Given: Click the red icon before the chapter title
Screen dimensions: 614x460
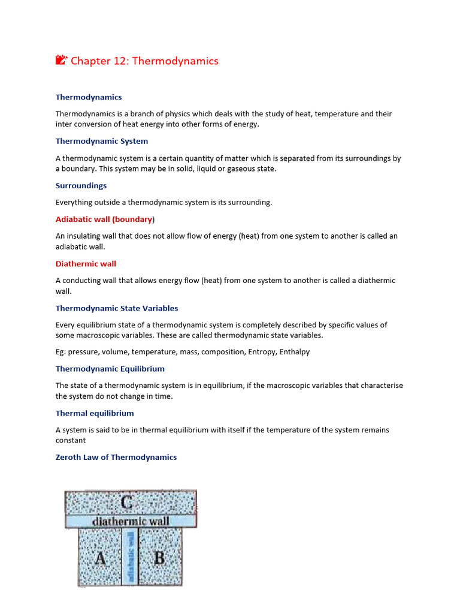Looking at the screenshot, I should point(60,60).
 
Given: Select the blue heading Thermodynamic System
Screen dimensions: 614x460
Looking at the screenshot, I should point(102,142).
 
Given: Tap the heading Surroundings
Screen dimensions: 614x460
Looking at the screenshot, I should point(81,186).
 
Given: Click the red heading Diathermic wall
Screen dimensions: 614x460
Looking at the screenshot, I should point(86,264).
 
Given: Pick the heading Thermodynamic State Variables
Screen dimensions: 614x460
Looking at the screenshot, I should point(117,308).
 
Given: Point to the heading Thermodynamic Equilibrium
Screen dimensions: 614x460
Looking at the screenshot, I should point(110,369).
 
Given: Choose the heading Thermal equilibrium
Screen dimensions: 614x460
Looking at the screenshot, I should point(95,413).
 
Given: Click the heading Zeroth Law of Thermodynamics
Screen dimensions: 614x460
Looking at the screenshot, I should point(116,457).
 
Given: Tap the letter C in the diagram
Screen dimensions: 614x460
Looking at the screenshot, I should point(127,502).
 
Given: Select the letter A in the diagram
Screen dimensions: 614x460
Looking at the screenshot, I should point(101,558).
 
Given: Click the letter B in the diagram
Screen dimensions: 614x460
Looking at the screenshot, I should point(159,558).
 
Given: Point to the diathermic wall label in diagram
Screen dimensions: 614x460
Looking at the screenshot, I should point(131,521).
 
